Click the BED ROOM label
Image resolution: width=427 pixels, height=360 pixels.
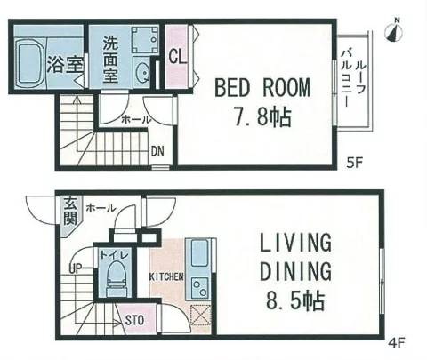click(262, 87)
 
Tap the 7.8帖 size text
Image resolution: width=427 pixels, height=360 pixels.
click(262, 116)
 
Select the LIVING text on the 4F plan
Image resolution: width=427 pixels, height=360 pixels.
click(295, 243)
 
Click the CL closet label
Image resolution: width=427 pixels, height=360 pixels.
click(177, 56)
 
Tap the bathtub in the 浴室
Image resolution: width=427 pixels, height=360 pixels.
click(29, 64)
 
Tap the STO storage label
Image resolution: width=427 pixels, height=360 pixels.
click(134, 320)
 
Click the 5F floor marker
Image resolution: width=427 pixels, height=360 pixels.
click(355, 163)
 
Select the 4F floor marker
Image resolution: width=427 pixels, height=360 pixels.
click(397, 343)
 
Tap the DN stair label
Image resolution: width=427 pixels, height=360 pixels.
click(157, 151)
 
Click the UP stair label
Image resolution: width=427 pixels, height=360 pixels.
click(75, 268)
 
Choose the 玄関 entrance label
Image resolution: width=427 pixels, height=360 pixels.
click(70, 212)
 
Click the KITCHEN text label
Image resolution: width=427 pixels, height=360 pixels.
click(166, 276)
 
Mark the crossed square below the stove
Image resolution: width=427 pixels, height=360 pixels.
click(200, 315)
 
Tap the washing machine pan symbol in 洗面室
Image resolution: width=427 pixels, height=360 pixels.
click(145, 40)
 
